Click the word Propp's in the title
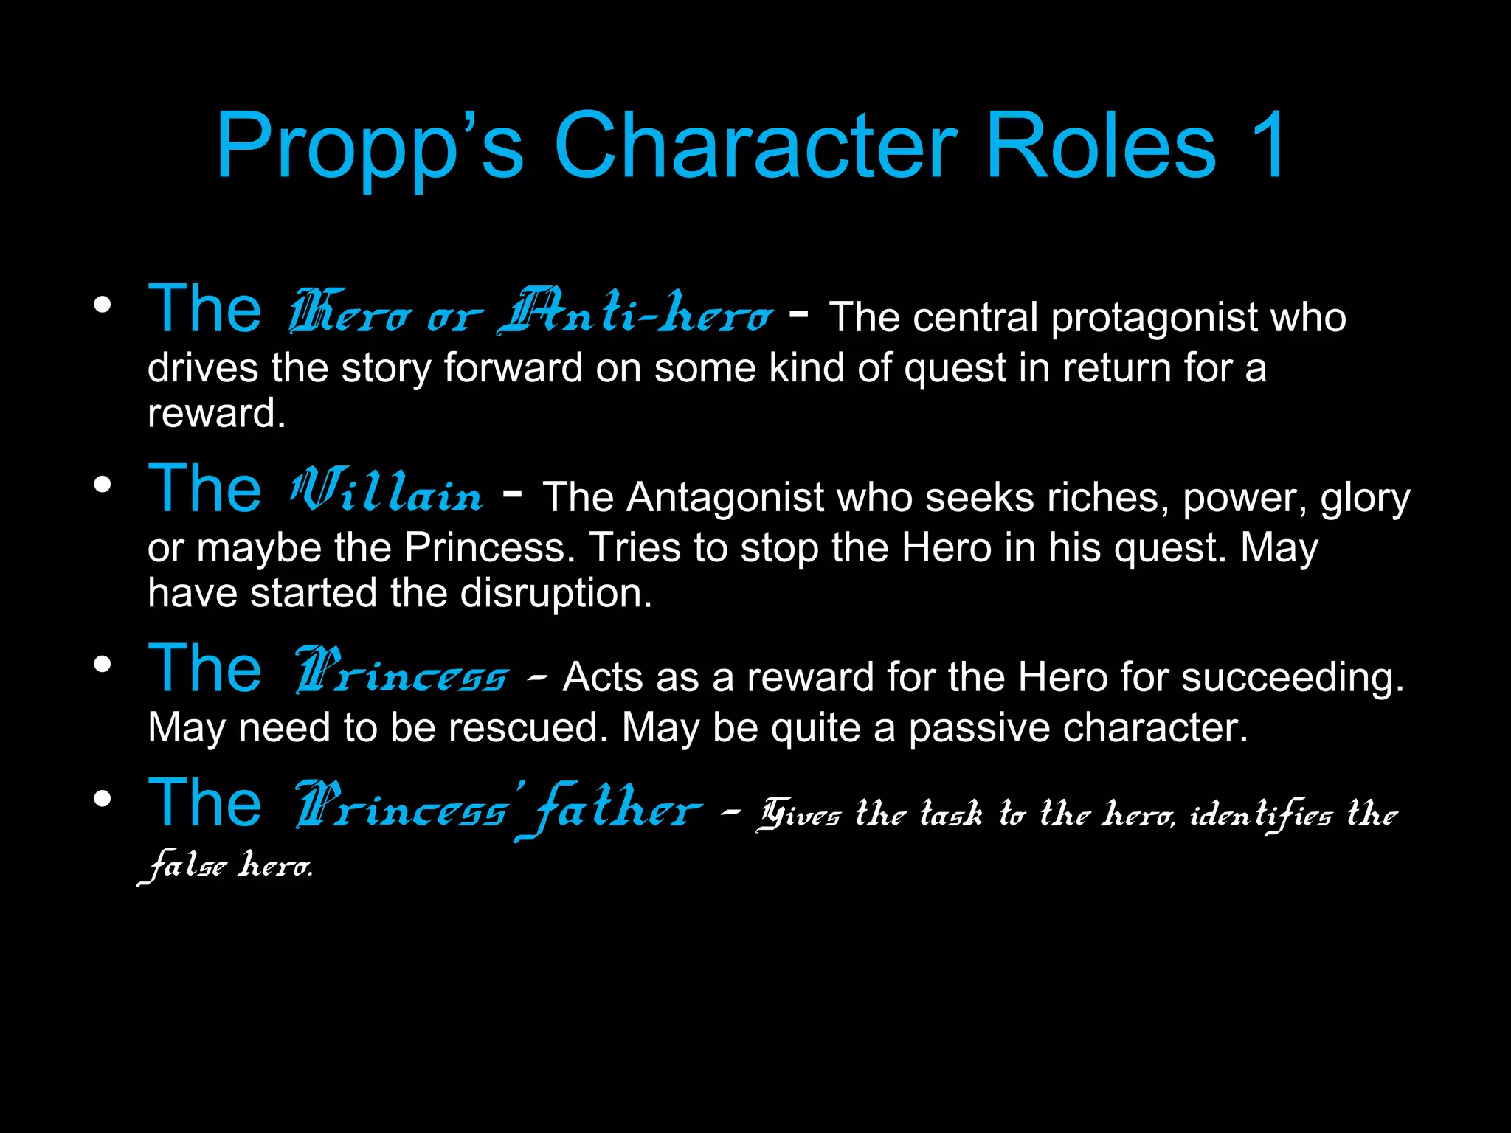tap(370, 145)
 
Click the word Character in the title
tap(755, 145)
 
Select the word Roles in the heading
tap(1100, 145)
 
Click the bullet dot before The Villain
tap(103, 485)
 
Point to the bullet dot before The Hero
tap(103, 305)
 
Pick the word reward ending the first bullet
tap(215, 413)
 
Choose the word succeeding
tap(1292, 677)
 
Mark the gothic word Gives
tap(800, 814)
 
